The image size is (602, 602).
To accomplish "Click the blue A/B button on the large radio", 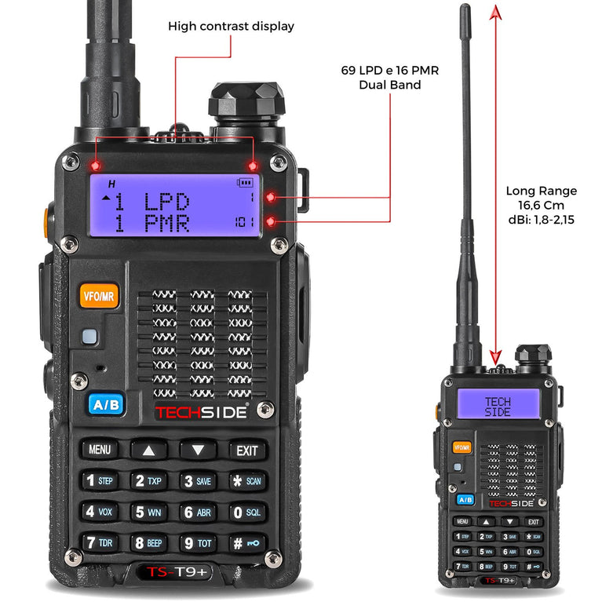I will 106,404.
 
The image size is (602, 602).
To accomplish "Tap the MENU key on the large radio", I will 100,450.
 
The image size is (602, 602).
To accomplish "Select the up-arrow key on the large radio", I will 149,450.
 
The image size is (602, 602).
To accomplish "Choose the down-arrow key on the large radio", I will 198,450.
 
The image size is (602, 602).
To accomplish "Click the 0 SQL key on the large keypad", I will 246,512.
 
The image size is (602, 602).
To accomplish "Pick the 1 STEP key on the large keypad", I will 100,480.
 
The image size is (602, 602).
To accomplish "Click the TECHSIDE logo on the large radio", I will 201,412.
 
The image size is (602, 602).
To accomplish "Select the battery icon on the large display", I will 246,183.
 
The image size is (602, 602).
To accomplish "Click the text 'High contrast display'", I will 231,27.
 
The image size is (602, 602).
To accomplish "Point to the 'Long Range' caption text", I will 541,191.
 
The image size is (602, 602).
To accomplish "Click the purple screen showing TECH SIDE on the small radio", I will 498,407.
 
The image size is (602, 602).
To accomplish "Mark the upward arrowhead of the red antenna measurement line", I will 494,9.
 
